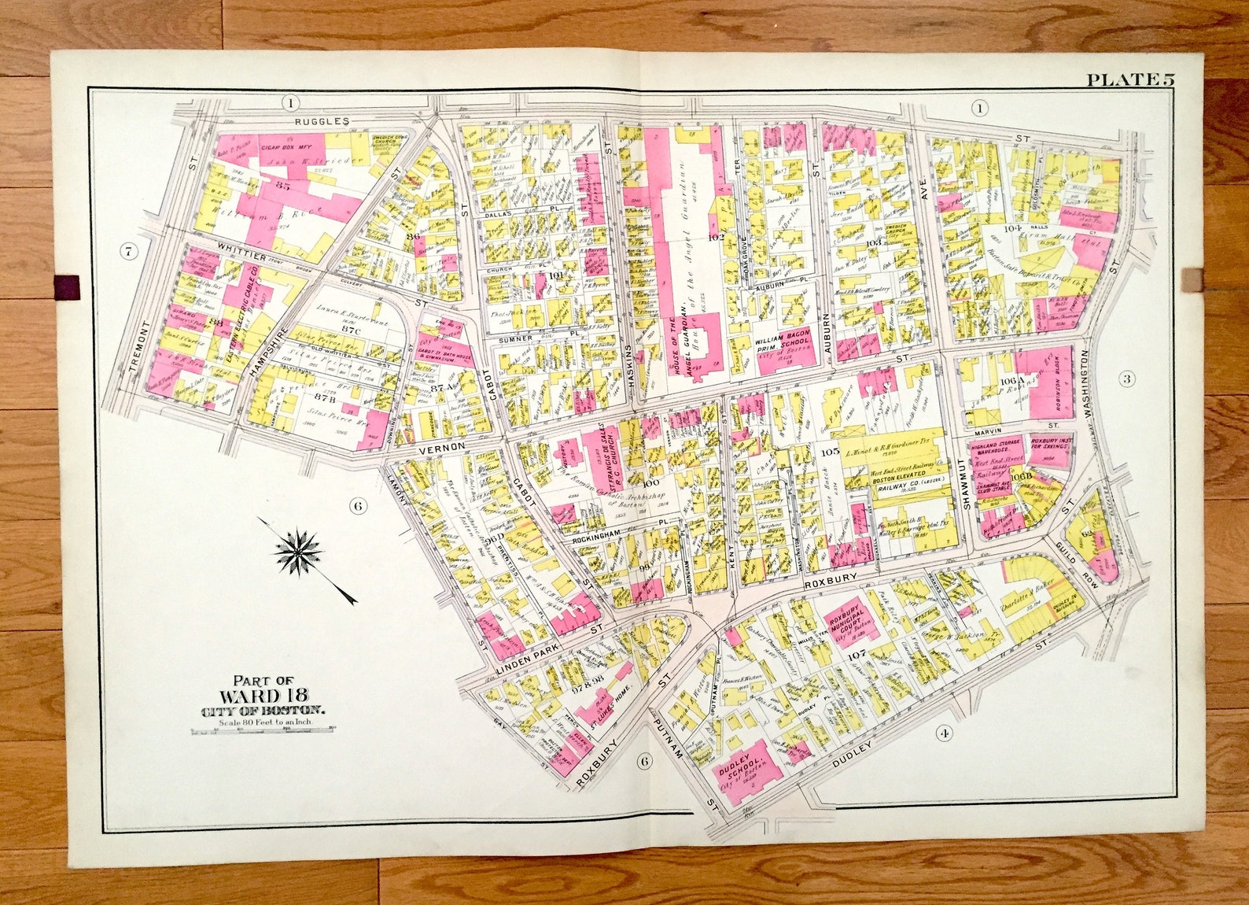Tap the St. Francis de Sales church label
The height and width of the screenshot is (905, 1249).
tap(602, 456)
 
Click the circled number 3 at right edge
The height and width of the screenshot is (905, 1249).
tap(1127, 379)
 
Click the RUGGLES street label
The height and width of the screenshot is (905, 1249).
tap(322, 121)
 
